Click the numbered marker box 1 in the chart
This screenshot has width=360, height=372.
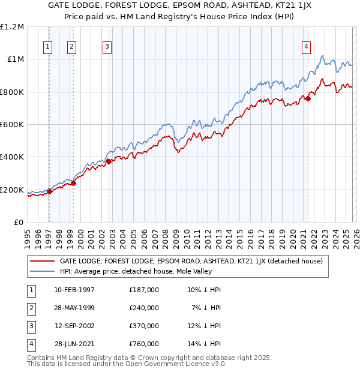pos(48,47)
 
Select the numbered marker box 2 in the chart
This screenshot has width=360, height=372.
pos(71,47)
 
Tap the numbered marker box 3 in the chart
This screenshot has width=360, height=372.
pos(107,47)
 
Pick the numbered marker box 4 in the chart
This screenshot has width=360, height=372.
pos(306,47)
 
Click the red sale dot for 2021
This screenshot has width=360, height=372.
pos(308,98)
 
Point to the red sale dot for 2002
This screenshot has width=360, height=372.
pos(109,161)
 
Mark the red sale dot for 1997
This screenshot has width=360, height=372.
pos(49,191)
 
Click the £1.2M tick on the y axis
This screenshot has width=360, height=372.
pos(12,27)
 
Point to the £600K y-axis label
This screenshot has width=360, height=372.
pos(12,125)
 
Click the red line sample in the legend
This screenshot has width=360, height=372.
pos(42,261)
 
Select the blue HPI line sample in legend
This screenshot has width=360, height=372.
pos(42,271)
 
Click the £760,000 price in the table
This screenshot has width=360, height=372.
pos(144,344)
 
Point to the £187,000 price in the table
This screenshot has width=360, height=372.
pos(144,290)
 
